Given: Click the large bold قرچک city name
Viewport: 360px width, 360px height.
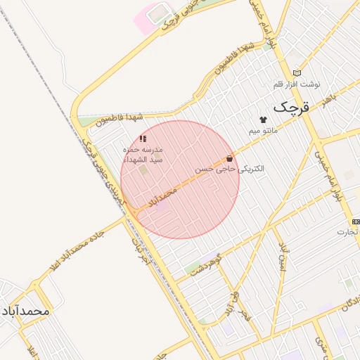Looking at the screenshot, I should click(x=290, y=108).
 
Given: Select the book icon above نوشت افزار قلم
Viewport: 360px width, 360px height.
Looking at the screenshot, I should click(x=297, y=73).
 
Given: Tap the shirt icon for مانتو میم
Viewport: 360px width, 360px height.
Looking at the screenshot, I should click(x=263, y=120).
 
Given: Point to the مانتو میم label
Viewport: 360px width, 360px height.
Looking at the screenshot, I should click(x=263, y=131).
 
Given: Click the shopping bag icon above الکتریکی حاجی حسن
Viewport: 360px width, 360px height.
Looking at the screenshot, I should click(x=229, y=159).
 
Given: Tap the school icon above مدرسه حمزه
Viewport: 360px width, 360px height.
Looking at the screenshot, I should click(x=143, y=139).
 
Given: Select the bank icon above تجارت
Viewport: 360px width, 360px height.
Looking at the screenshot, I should click(x=356, y=222).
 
